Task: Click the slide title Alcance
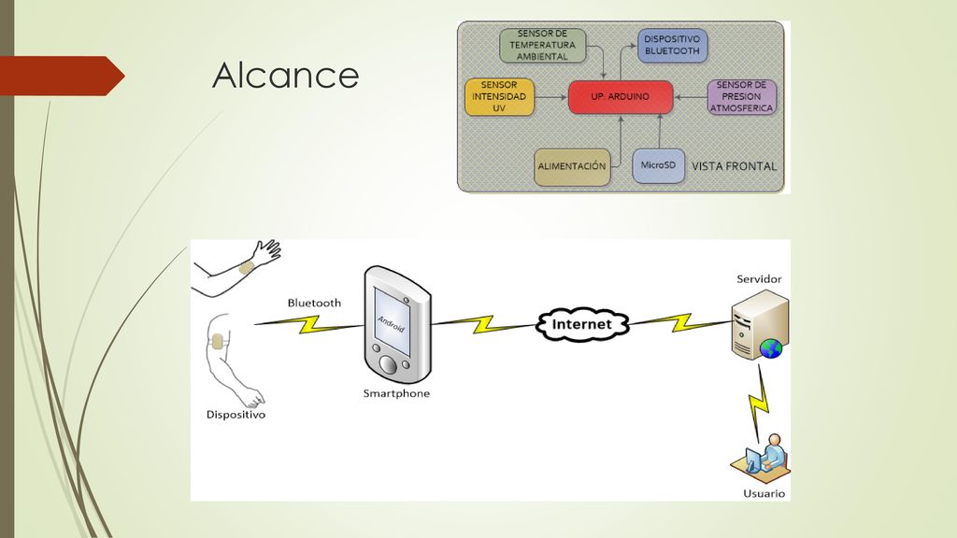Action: (x=286, y=75)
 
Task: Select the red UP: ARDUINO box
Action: (x=621, y=97)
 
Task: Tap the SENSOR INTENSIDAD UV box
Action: (x=499, y=96)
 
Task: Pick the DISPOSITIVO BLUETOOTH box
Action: (x=672, y=45)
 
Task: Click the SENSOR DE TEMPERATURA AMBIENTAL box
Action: (x=543, y=45)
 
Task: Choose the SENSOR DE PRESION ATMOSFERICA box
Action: (x=741, y=96)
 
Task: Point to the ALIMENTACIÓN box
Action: (x=572, y=166)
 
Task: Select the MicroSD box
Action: (x=658, y=165)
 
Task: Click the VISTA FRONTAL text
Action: (x=735, y=166)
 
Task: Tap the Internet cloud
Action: (x=581, y=324)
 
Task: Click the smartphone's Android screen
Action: (x=392, y=321)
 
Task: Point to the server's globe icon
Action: (x=771, y=348)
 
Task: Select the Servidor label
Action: (x=759, y=278)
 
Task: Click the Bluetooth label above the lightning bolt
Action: (x=314, y=303)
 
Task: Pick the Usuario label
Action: (x=764, y=493)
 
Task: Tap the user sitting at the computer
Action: (x=761, y=460)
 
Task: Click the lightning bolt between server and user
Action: (x=759, y=403)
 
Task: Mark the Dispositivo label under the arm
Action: (x=236, y=415)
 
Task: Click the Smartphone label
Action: (x=396, y=393)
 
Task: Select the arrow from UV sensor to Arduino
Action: (x=550, y=97)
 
